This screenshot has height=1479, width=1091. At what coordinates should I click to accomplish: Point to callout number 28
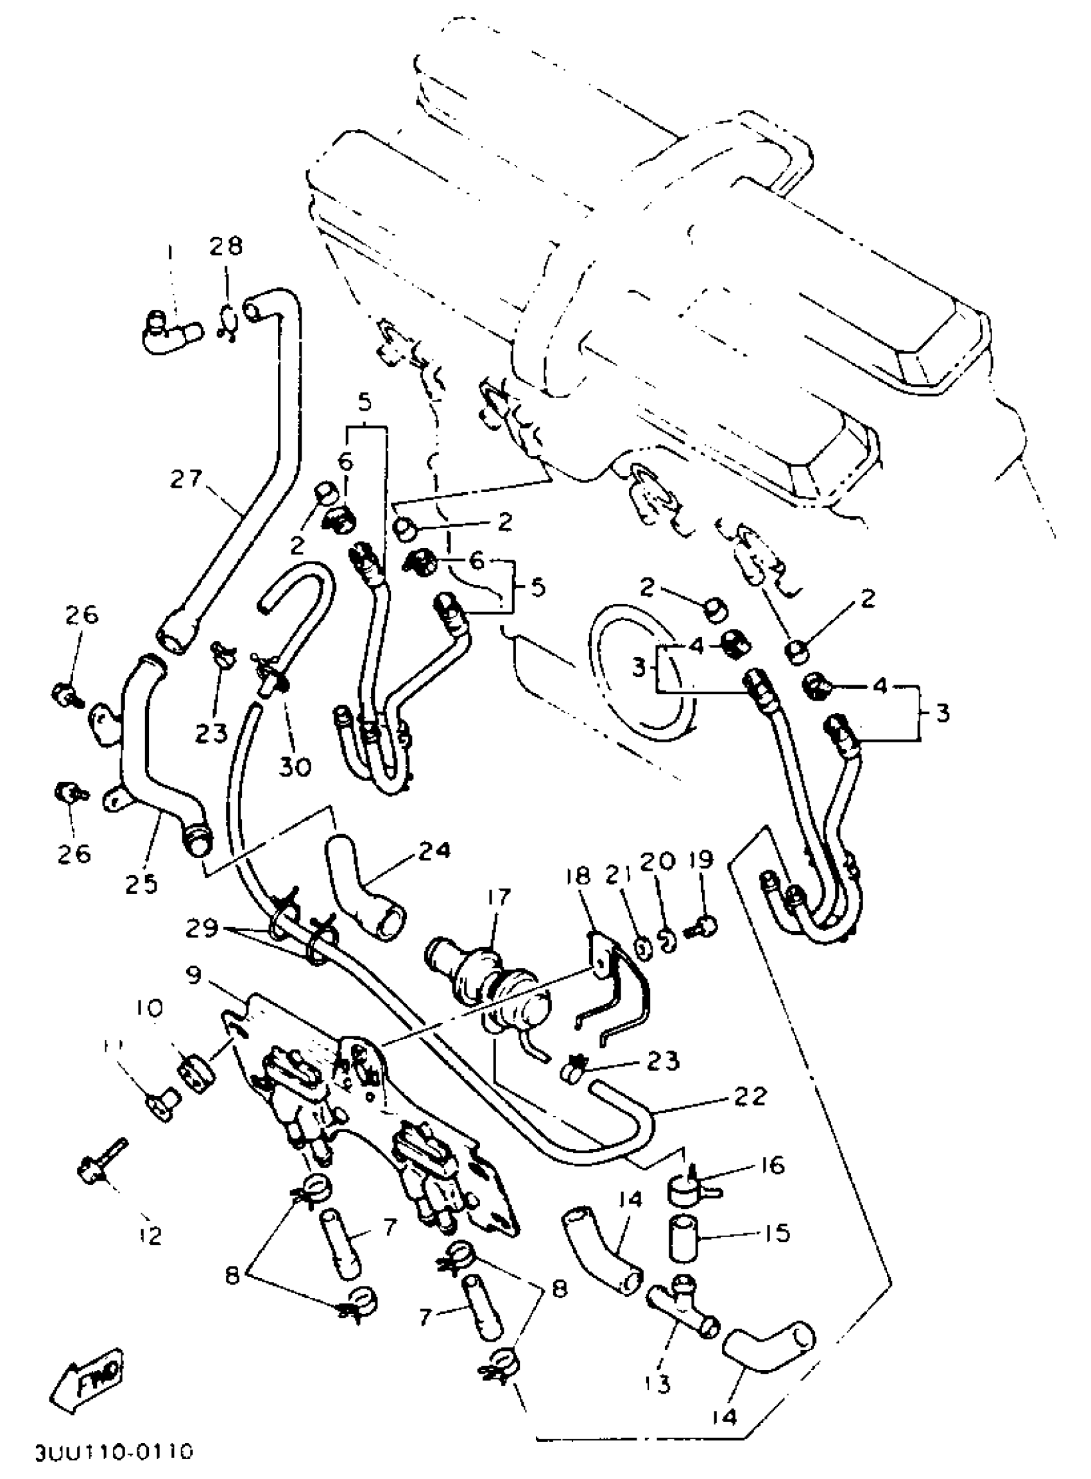click(x=227, y=246)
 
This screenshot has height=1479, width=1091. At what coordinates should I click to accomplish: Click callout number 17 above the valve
click(x=499, y=897)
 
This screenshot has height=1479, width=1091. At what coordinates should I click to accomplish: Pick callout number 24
click(x=433, y=850)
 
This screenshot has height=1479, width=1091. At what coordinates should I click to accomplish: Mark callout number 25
click(x=142, y=883)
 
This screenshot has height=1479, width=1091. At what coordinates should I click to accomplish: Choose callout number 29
click(x=202, y=929)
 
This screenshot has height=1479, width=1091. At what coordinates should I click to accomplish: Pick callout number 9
click(x=194, y=975)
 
